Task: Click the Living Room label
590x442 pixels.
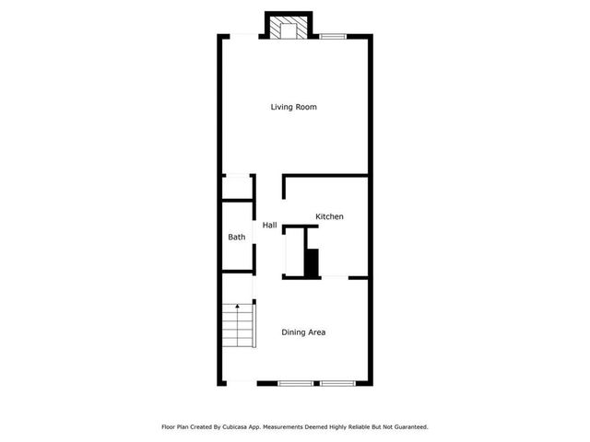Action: coord(293,107)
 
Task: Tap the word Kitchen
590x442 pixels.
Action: coord(329,216)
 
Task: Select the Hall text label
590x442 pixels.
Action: coord(269,225)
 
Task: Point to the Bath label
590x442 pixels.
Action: coord(237,238)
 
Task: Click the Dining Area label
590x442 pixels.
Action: coord(303,332)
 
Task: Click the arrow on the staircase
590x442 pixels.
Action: coord(238,306)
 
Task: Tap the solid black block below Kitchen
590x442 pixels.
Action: coord(312,262)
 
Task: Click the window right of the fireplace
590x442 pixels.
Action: coord(333,36)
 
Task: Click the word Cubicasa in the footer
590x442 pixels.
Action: coord(237,427)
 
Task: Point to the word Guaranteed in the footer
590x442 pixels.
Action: coord(408,427)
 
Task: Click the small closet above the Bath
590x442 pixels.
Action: coord(237,187)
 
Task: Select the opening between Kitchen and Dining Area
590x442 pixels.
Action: coord(334,277)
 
